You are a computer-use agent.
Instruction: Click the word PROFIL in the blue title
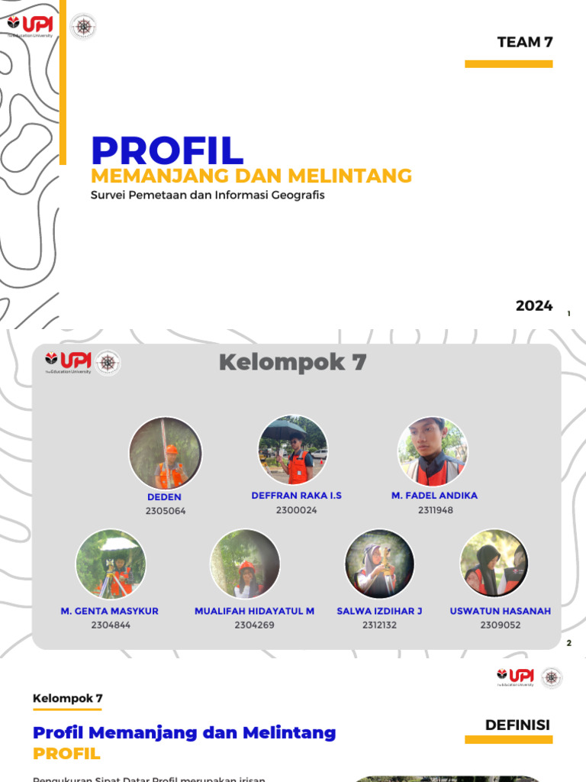click(x=167, y=150)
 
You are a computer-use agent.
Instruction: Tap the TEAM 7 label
click(x=524, y=43)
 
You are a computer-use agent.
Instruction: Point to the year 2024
click(x=533, y=306)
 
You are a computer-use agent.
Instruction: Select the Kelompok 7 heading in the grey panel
click(x=292, y=363)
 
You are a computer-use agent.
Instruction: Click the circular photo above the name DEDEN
click(x=166, y=453)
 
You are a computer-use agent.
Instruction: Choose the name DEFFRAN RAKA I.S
click(x=296, y=496)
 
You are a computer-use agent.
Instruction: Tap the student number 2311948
click(x=435, y=510)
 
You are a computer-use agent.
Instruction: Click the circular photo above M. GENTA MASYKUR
click(x=111, y=564)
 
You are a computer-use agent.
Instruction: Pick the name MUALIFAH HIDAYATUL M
click(x=254, y=611)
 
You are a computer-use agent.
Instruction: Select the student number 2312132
click(x=379, y=625)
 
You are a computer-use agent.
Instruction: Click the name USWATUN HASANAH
click(x=500, y=611)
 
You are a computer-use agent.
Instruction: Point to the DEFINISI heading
click(x=517, y=725)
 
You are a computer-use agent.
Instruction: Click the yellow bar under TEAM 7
click(x=508, y=64)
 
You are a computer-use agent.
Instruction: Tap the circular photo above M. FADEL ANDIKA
click(x=433, y=451)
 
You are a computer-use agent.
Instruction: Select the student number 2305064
click(x=166, y=511)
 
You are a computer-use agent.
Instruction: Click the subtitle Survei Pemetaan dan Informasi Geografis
click(x=208, y=195)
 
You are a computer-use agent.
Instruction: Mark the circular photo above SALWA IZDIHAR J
click(x=379, y=564)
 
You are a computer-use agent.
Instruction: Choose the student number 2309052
click(x=500, y=625)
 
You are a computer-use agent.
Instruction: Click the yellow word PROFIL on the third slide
click(x=66, y=754)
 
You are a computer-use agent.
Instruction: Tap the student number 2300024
click(x=296, y=510)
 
